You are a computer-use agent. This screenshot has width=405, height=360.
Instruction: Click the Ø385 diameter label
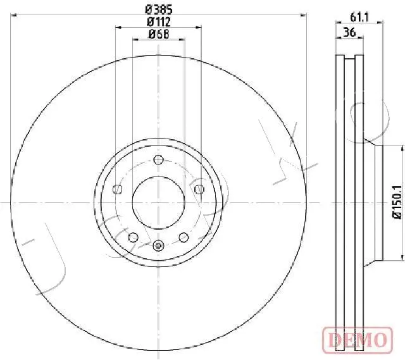click(159, 10)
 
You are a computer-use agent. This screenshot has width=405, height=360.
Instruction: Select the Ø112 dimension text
click(159, 22)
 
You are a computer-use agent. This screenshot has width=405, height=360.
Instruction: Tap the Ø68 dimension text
click(159, 34)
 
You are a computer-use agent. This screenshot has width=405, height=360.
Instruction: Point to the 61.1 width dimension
click(359, 18)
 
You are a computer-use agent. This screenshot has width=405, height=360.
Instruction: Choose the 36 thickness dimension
click(349, 33)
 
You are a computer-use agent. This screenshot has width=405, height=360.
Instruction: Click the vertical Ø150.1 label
click(397, 202)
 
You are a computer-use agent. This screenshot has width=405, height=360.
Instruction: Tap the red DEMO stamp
click(358, 340)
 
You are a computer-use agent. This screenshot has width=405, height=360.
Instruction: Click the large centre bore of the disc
click(158, 202)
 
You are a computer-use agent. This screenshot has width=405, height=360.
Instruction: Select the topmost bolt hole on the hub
click(158, 160)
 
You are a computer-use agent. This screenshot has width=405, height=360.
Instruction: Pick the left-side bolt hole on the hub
click(118, 189)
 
